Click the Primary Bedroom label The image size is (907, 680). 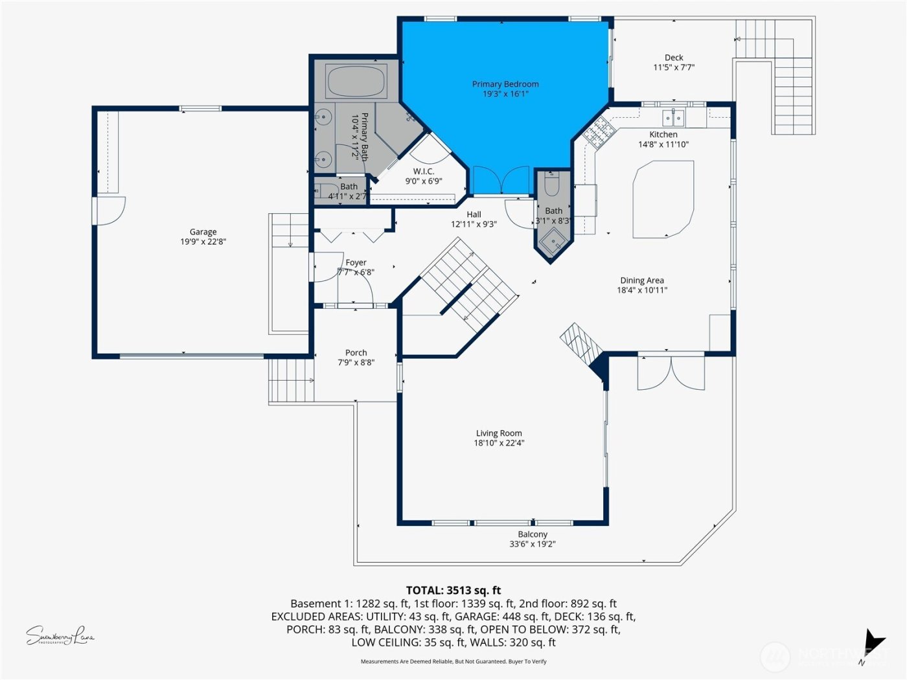505,84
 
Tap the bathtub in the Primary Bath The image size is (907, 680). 356,82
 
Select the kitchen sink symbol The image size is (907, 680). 673,118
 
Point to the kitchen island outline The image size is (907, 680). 663,199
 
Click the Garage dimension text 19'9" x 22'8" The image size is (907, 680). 203,242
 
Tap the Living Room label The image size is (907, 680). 499,433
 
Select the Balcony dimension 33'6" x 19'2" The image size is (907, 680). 532,544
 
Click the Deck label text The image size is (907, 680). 674,58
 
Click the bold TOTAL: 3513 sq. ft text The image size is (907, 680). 454,590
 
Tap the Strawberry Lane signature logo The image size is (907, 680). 60,636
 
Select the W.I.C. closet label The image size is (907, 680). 424,172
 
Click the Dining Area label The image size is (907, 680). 641,280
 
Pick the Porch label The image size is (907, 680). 356,353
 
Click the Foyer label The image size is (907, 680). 356,262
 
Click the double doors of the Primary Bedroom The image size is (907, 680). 501,181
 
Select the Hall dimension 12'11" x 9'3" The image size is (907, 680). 474,225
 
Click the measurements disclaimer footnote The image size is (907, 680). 454,661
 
